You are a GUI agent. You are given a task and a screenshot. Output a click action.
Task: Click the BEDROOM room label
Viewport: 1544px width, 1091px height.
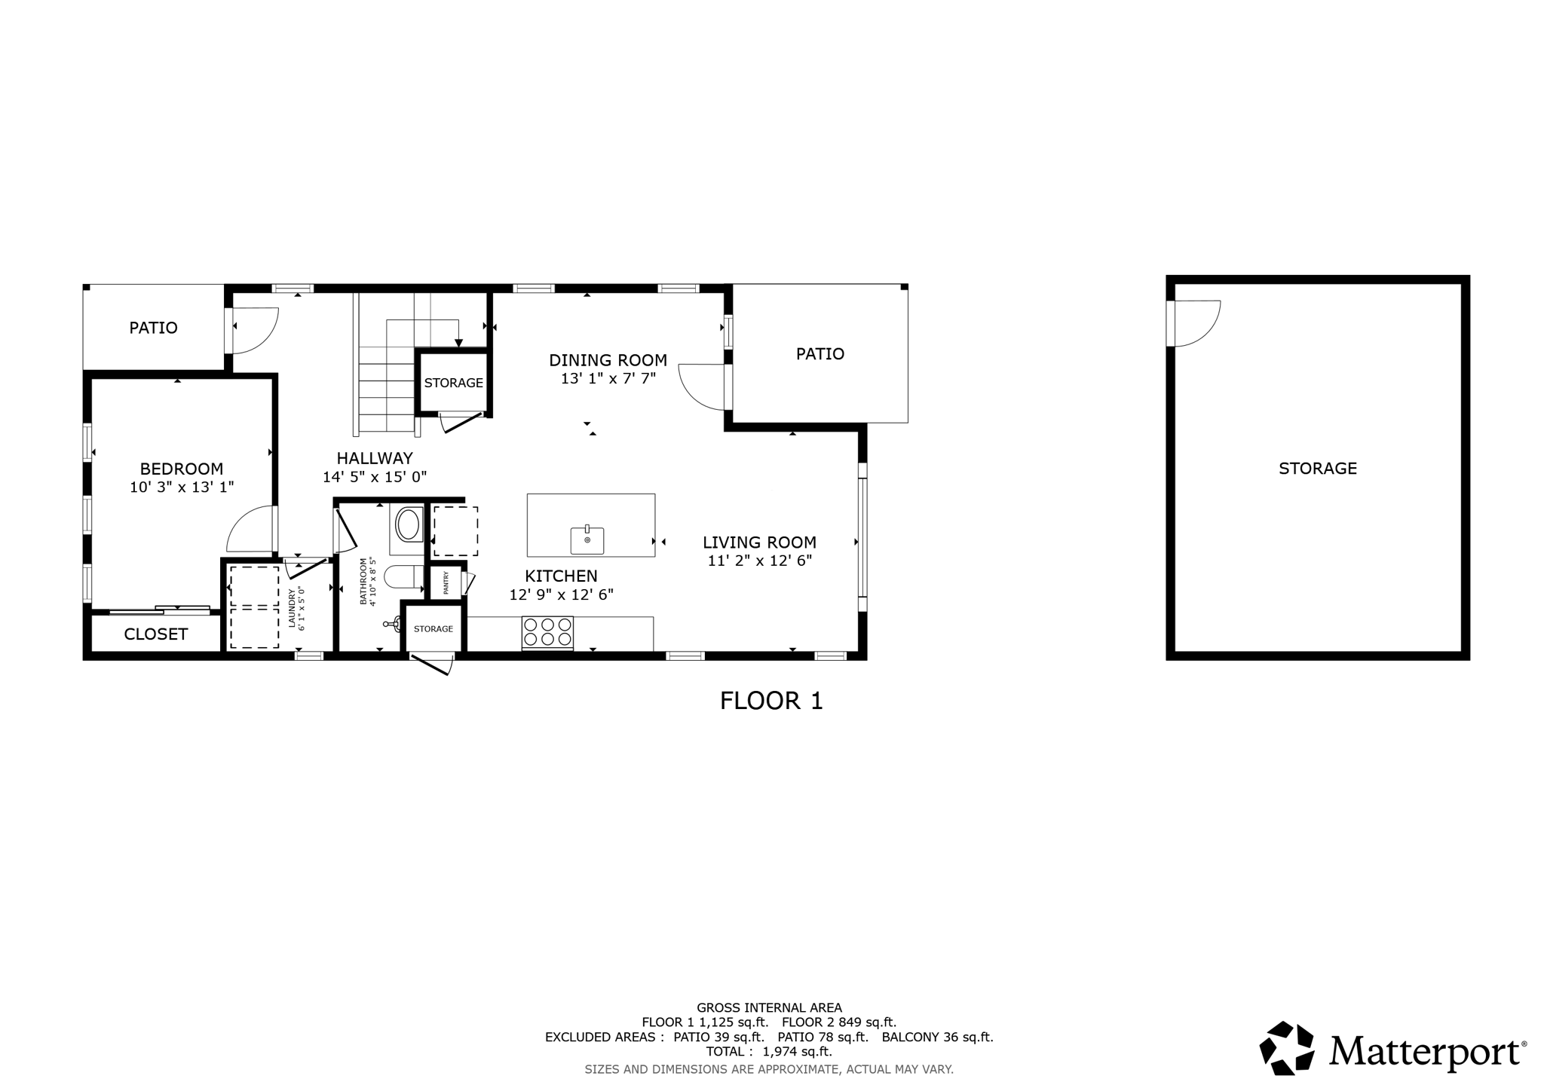tap(182, 469)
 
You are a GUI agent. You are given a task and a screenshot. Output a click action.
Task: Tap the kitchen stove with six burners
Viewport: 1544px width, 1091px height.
tap(547, 632)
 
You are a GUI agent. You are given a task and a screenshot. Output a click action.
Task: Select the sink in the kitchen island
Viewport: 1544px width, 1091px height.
tap(587, 539)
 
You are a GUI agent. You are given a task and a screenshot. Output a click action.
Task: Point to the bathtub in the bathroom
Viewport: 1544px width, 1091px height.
tap(408, 525)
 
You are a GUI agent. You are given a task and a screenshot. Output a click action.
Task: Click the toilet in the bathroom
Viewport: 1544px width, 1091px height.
tap(405, 578)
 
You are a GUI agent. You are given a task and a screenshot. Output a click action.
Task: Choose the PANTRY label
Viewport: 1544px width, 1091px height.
tap(446, 582)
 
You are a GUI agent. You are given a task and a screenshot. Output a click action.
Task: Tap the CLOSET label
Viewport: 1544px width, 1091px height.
tap(156, 634)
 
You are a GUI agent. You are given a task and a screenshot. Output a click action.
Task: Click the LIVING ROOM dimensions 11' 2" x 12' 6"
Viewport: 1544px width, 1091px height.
tap(760, 561)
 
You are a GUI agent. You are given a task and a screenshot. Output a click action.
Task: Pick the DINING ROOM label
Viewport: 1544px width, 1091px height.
tap(608, 360)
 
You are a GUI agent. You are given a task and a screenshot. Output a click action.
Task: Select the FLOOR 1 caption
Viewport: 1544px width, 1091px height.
tap(771, 701)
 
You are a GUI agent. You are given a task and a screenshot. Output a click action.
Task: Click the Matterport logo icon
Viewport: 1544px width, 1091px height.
tap(1287, 1047)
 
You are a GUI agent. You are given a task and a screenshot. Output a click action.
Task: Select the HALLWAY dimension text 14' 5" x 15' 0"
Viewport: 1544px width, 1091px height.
tap(375, 477)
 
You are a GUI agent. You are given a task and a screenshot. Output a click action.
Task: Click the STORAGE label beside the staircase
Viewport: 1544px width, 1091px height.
tap(454, 383)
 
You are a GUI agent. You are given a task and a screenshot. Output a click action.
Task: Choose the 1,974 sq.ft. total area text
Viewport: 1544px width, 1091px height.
tap(798, 1052)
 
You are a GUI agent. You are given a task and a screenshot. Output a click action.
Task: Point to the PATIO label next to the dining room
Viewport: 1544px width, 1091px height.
tap(820, 354)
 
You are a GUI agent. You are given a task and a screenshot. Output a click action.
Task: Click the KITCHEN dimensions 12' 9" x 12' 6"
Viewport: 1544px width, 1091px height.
tap(562, 594)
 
